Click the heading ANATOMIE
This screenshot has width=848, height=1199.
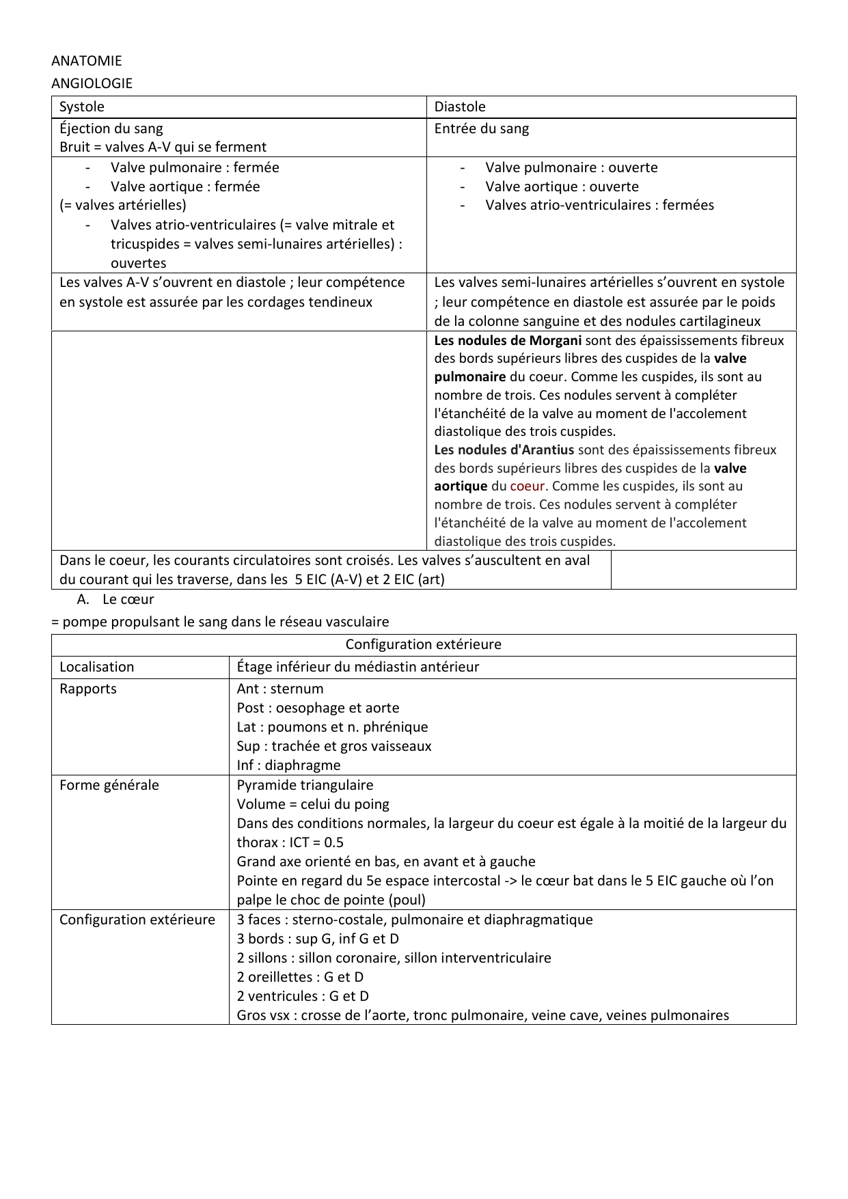pyautogui.click(x=87, y=61)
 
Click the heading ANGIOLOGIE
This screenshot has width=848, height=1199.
pyautogui.click(x=92, y=83)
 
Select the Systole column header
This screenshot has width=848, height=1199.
pyautogui.click(x=82, y=107)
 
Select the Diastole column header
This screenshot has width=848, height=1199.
pyautogui.click(x=460, y=107)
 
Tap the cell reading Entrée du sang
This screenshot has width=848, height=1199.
pyautogui.click(x=482, y=128)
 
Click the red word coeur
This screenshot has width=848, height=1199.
pyautogui.click(x=527, y=486)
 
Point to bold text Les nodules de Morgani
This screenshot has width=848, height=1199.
pyautogui.click(x=508, y=340)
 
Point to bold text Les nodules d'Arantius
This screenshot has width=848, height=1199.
pyautogui.click(x=504, y=450)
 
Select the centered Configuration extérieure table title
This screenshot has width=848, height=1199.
pyautogui.click(x=423, y=644)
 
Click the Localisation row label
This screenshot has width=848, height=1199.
pyautogui.click(x=96, y=667)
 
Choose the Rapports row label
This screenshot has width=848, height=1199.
pyautogui.click(x=88, y=689)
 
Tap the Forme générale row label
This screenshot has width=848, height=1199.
pyautogui.click(x=109, y=785)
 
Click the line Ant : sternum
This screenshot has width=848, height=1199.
pyautogui.click(x=280, y=689)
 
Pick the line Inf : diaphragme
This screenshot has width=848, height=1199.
pyautogui.click(x=288, y=765)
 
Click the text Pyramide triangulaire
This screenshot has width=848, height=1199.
pyautogui.click(x=305, y=785)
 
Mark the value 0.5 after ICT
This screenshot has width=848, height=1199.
pyautogui.click(x=333, y=842)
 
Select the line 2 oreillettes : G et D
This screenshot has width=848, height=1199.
pyautogui.click(x=300, y=977)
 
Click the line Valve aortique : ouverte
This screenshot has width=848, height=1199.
pyautogui.click(x=562, y=187)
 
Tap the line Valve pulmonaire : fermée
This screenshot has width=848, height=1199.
pyautogui.click(x=195, y=167)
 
